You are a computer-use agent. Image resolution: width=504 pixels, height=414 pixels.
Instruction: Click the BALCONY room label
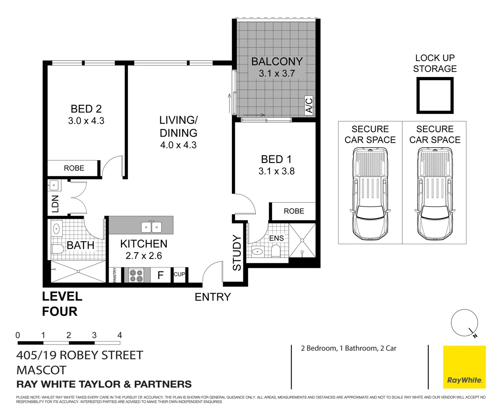coord(277,61)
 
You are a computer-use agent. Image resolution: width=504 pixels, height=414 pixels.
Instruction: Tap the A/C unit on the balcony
coord(309,105)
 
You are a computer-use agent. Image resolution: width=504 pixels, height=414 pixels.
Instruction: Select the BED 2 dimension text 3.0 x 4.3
coord(86,121)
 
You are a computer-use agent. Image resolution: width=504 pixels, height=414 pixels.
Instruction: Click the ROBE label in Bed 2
coord(74,168)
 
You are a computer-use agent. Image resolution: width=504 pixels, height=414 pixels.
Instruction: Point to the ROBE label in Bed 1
coord(294,211)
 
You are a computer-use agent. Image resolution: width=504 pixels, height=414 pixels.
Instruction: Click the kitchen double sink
coord(152,227)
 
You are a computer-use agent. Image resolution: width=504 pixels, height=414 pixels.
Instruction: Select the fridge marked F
coord(160,275)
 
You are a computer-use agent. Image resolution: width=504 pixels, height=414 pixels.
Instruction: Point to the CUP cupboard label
coord(179,274)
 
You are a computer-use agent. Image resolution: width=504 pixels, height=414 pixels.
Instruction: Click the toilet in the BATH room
coord(57,250)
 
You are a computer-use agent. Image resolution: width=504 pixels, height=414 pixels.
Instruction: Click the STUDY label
coord(237,253)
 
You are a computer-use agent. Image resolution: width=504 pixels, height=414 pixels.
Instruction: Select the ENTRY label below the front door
coord(213,297)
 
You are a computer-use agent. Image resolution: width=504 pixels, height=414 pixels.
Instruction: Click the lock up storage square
coord(435,95)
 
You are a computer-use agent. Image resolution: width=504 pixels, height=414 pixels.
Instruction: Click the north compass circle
coord(464,323)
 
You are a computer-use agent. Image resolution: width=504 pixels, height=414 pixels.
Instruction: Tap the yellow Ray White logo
coord(464,367)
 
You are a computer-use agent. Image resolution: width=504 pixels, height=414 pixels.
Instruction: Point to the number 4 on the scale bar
coord(119,335)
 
